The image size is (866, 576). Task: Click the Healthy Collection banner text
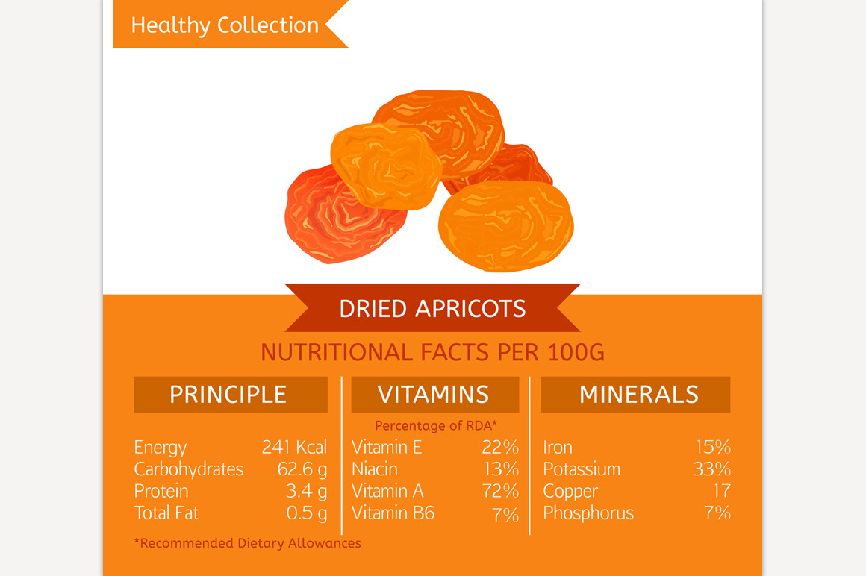(x=225, y=25)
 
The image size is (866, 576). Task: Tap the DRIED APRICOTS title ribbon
(x=432, y=308)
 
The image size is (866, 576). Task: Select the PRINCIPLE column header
(x=230, y=395)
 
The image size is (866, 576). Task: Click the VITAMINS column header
(x=434, y=395)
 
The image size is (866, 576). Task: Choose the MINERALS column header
(x=635, y=395)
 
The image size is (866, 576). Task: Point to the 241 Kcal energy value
(x=294, y=447)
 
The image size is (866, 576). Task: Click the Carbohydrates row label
(x=188, y=469)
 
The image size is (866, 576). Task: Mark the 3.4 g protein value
(x=307, y=491)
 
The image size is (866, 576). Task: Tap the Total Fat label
(x=166, y=513)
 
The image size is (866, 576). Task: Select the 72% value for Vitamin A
(x=500, y=491)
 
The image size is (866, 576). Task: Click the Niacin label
(x=375, y=469)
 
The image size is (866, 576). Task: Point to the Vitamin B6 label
(x=393, y=513)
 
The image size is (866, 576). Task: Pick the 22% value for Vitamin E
(x=500, y=447)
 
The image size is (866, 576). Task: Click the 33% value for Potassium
(x=712, y=469)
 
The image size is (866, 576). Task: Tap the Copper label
(x=570, y=491)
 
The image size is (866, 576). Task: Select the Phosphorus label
(x=588, y=513)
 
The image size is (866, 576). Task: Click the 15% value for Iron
(x=714, y=447)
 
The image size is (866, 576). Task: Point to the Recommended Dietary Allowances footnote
(x=247, y=543)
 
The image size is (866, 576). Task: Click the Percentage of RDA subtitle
(x=436, y=425)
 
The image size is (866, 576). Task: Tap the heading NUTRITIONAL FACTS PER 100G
(x=432, y=353)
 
